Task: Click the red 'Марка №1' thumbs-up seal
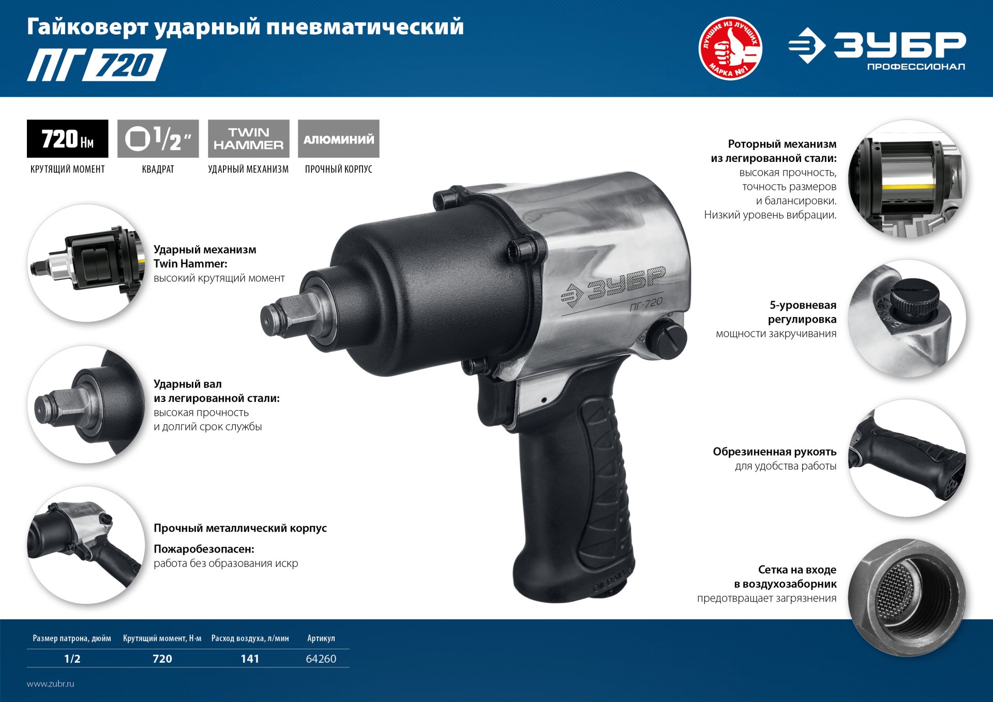730,49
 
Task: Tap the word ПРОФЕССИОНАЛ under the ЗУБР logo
916,67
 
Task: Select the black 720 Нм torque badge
68,139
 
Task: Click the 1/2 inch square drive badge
158,139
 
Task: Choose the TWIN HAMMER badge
248,139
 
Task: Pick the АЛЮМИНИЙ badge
339,139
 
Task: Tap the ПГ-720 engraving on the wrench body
646,304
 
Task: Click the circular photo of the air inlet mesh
907,598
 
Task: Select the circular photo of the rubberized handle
907,458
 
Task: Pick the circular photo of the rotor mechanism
907,179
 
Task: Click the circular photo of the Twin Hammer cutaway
86,263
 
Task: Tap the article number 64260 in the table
321,659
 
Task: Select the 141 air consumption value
250,659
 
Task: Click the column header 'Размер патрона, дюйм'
72,638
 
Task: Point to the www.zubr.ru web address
51,683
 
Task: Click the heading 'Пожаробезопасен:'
204,549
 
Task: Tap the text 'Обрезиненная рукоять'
774,452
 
